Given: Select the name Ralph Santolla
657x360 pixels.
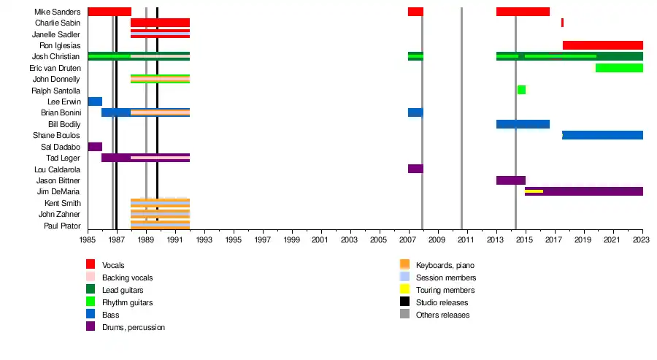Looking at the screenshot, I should point(55,91).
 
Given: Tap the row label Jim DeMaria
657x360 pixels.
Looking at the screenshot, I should point(58,191).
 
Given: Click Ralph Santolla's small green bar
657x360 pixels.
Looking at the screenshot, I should point(521,90).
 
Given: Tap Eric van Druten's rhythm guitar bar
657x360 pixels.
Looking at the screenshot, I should point(618,68).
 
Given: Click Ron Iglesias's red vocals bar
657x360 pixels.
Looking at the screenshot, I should point(602,45).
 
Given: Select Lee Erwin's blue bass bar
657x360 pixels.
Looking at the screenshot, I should point(95,102).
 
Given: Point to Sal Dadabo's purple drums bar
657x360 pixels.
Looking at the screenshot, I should point(95,147).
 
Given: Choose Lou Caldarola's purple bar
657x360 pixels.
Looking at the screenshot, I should point(415,169).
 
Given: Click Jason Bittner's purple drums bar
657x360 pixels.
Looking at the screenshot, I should point(510,180).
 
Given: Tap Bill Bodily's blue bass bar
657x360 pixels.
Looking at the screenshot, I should point(523,124).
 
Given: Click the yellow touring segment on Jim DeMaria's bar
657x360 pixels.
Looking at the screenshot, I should point(534,191).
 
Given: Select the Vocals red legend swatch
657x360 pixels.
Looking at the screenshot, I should point(91,264).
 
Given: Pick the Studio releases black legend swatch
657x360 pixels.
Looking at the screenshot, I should point(404,302).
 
